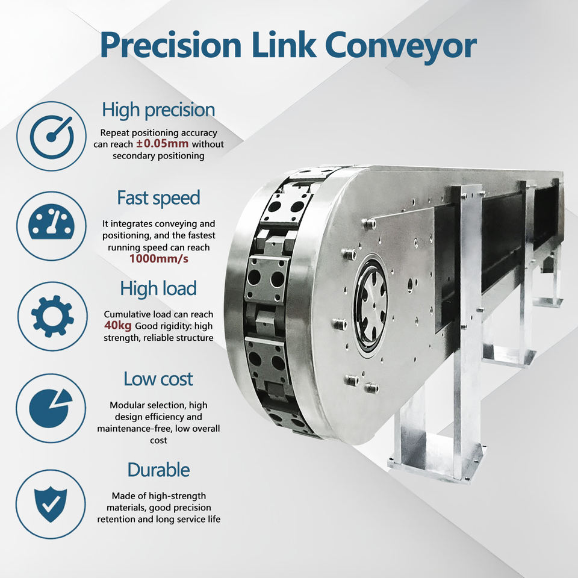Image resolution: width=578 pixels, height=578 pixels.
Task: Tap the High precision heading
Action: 158,110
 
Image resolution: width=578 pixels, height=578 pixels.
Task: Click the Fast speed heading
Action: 158,197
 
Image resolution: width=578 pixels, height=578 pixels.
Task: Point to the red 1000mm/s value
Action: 158,259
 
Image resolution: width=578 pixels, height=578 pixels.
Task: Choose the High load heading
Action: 158,288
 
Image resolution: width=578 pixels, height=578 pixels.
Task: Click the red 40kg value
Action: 118,326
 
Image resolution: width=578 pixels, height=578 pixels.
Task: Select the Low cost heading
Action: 158,379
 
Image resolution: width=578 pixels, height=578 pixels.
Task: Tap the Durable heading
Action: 158,470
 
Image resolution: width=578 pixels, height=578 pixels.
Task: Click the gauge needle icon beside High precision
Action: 51,136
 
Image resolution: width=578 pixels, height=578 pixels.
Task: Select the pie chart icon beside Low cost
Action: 51,408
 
